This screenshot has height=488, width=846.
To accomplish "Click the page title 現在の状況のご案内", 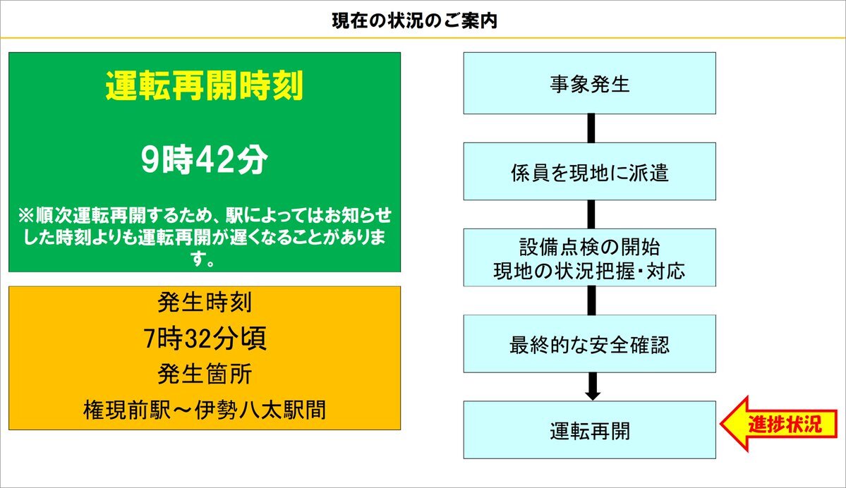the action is [414, 21].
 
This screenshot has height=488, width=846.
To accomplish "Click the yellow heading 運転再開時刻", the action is [205, 86].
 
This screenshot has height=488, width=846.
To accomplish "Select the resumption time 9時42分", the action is [205, 159].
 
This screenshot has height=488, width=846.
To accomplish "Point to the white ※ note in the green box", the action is [205, 237].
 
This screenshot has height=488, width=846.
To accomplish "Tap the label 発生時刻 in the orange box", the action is [205, 303].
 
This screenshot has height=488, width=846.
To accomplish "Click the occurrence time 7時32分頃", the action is [205, 338].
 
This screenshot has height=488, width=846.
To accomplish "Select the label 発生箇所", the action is [205, 374].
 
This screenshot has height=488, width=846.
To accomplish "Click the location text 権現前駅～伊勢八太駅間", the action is [205, 410].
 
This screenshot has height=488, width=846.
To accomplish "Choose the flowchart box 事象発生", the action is [590, 83].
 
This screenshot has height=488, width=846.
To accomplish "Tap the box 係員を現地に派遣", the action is [590, 171].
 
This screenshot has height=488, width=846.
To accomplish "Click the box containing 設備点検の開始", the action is [590, 257].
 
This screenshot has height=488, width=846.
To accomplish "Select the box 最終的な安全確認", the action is [590, 343].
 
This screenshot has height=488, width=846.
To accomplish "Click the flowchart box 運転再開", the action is [590, 429].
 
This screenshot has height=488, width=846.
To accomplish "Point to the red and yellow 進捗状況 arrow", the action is [778, 424].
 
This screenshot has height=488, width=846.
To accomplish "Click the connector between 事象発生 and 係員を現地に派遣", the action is [591, 128].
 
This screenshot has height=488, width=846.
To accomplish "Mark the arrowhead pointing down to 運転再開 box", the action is [593, 395].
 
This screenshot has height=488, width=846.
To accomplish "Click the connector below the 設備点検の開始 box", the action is [591, 300].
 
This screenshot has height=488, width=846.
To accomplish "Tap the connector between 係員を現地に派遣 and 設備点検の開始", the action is [591, 214].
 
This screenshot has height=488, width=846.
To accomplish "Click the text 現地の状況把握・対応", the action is [589, 271].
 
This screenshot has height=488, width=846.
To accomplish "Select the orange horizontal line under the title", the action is [423, 38].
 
